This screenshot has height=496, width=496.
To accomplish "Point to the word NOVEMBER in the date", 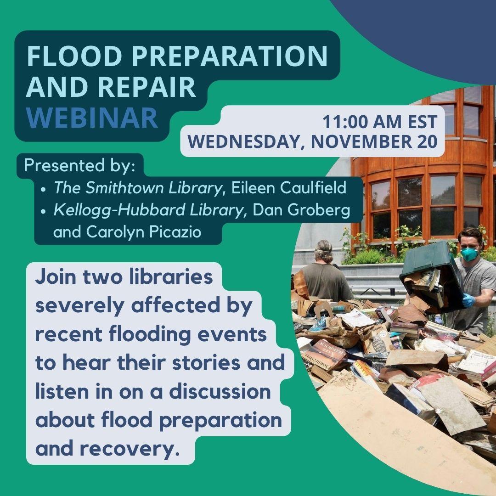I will [x=364, y=141].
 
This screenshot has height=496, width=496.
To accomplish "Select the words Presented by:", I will [x=79, y=165].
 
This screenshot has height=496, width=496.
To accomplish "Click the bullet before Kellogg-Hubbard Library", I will [x=43, y=211].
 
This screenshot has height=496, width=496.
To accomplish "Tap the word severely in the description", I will [x=77, y=307].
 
